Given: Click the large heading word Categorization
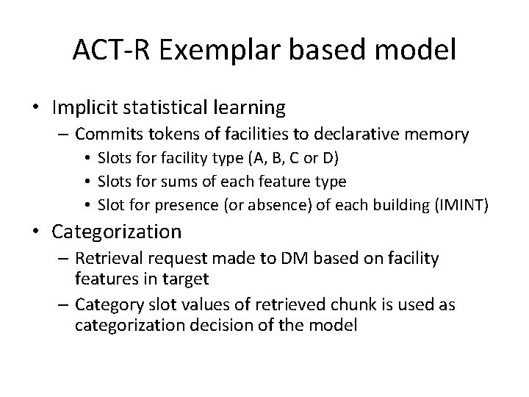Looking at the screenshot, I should tap(116, 232).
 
